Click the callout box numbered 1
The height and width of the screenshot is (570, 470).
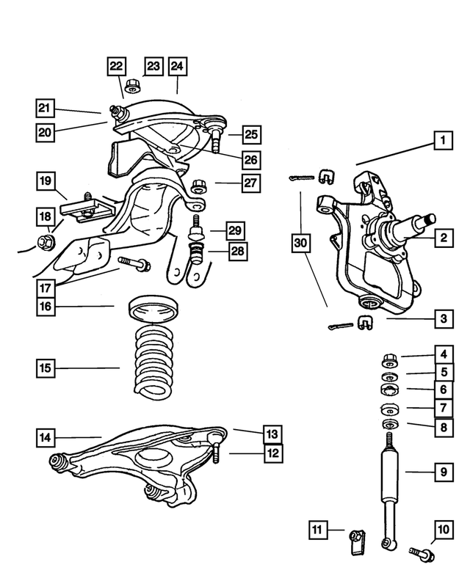(442, 139)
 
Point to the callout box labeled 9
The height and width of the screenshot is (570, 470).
(442, 472)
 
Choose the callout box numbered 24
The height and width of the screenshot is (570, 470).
(176, 66)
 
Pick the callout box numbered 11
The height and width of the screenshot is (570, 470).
(317, 529)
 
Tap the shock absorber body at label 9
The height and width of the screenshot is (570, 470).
(391, 484)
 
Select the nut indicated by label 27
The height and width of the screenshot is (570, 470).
(197, 185)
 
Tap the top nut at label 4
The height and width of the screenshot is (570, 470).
(389, 359)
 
